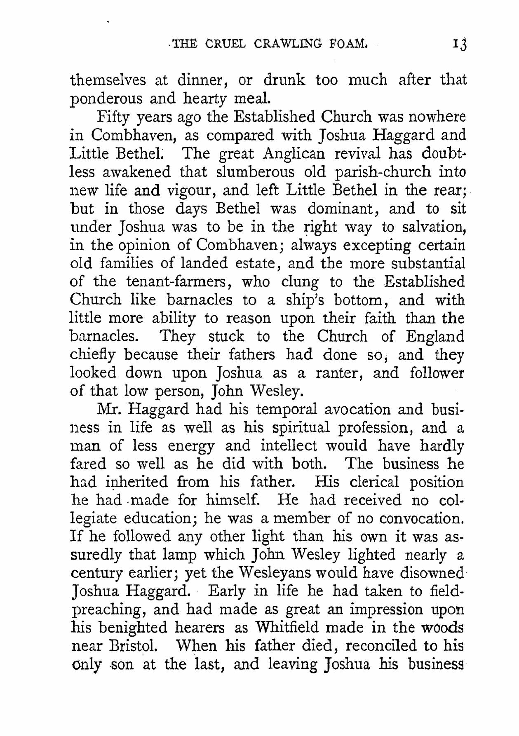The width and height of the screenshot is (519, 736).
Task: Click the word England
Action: (435, 337)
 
